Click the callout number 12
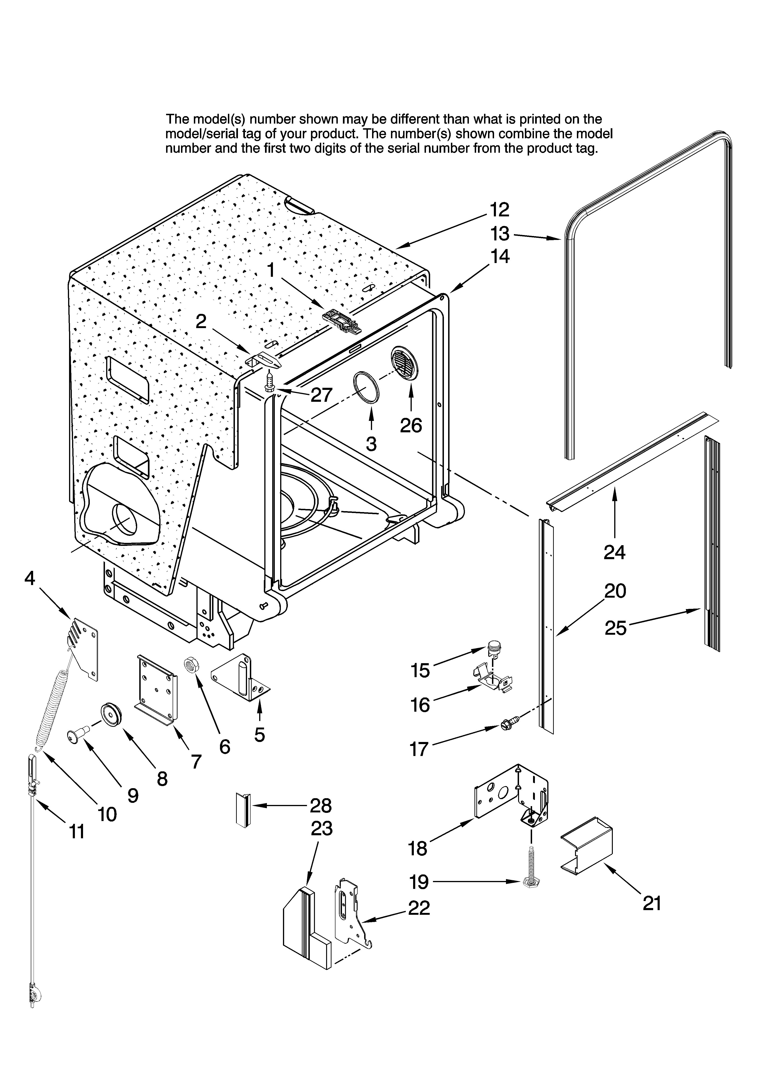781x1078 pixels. pos(499,210)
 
